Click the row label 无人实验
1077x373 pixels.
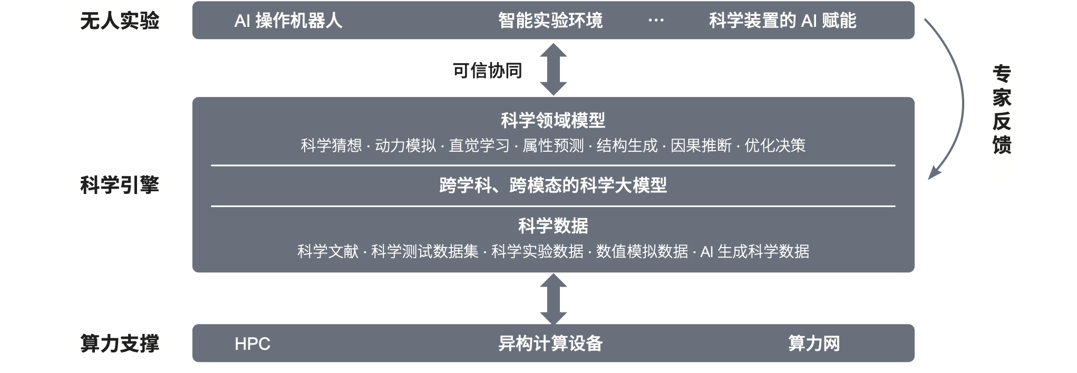click(120, 21)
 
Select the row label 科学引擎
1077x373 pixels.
click(120, 185)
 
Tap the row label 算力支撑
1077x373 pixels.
click(120, 343)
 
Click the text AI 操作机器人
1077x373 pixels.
click(288, 21)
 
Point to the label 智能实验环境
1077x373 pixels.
click(550, 21)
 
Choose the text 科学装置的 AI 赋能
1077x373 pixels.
click(782, 21)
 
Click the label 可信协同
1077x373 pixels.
click(487, 71)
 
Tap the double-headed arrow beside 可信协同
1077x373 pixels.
click(553, 69)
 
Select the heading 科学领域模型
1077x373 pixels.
click(553, 120)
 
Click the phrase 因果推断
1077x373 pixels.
click(701, 145)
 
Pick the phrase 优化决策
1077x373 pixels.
click(775, 145)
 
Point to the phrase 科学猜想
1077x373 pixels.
click(331, 145)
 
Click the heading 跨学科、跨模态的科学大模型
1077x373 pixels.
click(553, 185)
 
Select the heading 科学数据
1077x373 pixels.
click(553, 225)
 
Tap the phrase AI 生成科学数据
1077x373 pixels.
click(754, 251)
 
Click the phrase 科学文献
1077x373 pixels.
click(327, 251)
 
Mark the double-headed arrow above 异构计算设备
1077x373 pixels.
click(553, 299)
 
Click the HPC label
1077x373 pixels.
click(252, 344)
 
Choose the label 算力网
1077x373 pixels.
click(814, 343)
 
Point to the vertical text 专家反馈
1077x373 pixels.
click(1002, 110)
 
